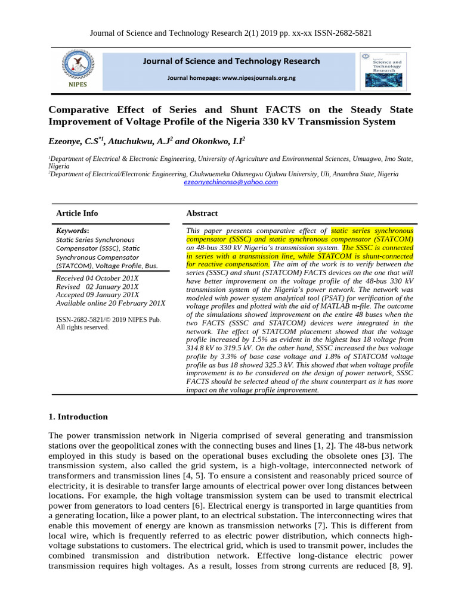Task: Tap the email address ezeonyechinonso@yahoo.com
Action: (231, 182)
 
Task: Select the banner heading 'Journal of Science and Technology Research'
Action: (231, 61)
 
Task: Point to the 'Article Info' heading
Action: (77, 213)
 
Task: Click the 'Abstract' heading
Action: (202, 213)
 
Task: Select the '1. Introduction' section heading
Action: (78, 417)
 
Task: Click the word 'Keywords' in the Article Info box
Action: (72, 231)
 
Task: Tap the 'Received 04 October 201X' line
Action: (97, 278)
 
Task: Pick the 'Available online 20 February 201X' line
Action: (110, 303)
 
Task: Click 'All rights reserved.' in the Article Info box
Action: (83, 327)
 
